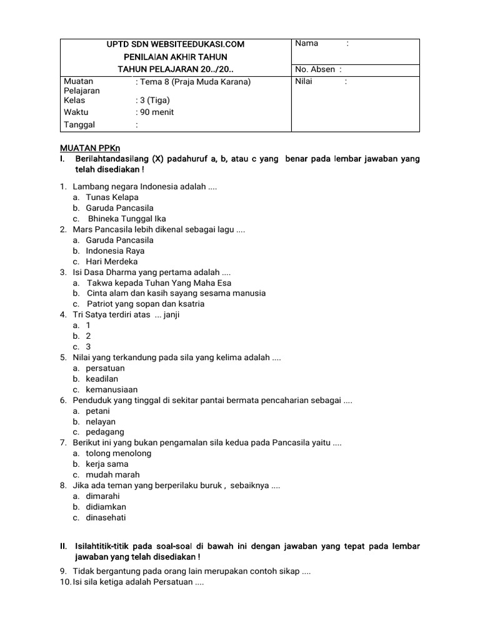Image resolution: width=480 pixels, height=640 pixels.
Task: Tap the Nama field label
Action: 307,43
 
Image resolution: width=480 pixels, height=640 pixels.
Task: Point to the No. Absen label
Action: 315,69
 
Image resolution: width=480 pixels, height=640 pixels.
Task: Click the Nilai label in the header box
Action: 304,81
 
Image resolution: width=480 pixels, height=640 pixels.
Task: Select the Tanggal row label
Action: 79,124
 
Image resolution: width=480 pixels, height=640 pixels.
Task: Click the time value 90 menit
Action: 156,112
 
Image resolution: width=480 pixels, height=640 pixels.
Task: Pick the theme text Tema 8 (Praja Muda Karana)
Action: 194,82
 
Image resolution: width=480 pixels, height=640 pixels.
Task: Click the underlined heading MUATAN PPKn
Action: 85,148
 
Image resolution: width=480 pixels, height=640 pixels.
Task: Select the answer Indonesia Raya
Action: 115,251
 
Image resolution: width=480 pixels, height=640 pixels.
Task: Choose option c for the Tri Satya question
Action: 88,346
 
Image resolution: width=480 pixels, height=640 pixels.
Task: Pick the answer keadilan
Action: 102,379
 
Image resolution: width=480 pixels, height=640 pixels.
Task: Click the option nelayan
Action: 101,421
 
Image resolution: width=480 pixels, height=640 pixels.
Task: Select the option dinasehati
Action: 106,517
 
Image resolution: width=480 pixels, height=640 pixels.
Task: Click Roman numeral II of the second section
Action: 63,546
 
